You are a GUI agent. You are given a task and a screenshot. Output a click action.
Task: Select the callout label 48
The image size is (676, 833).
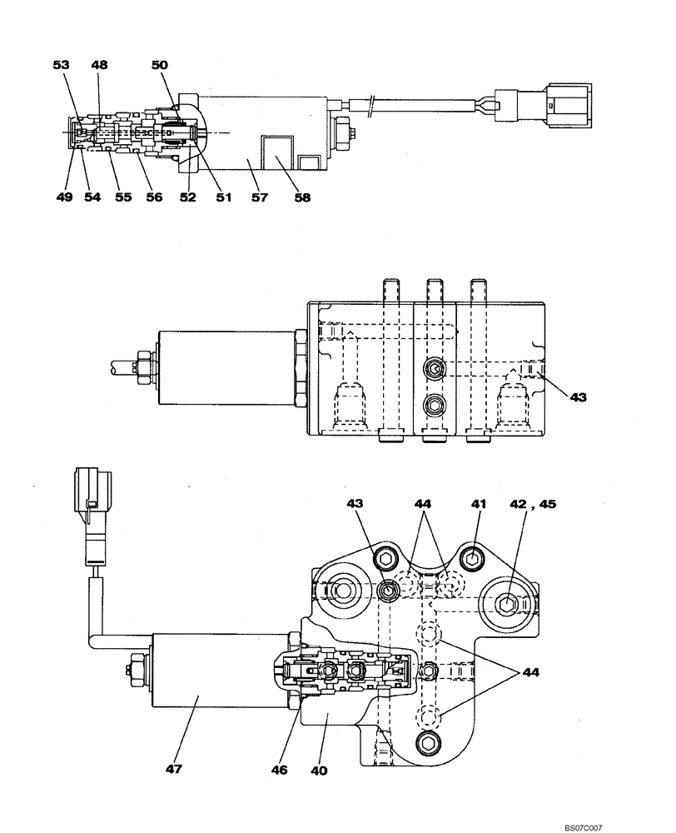pyautogui.click(x=99, y=64)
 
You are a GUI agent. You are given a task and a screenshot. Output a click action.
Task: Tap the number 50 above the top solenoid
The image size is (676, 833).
pyautogui.click(x=160, y=64)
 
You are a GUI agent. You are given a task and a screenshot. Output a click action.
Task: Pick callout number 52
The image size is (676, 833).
pyautogui.click(x=188, y=197)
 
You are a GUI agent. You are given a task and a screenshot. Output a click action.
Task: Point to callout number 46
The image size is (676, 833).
pyautogui.click(x=279, y=771)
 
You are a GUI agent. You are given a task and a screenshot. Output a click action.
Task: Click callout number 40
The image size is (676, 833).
pyautogui.click(x=318, y=771)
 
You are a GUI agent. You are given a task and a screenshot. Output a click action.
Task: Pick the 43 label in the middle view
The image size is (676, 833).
pyautogui.click(x=578, y=397)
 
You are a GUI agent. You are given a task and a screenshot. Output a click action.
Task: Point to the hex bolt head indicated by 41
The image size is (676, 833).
pyautogui.click(x=471, y=560)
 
